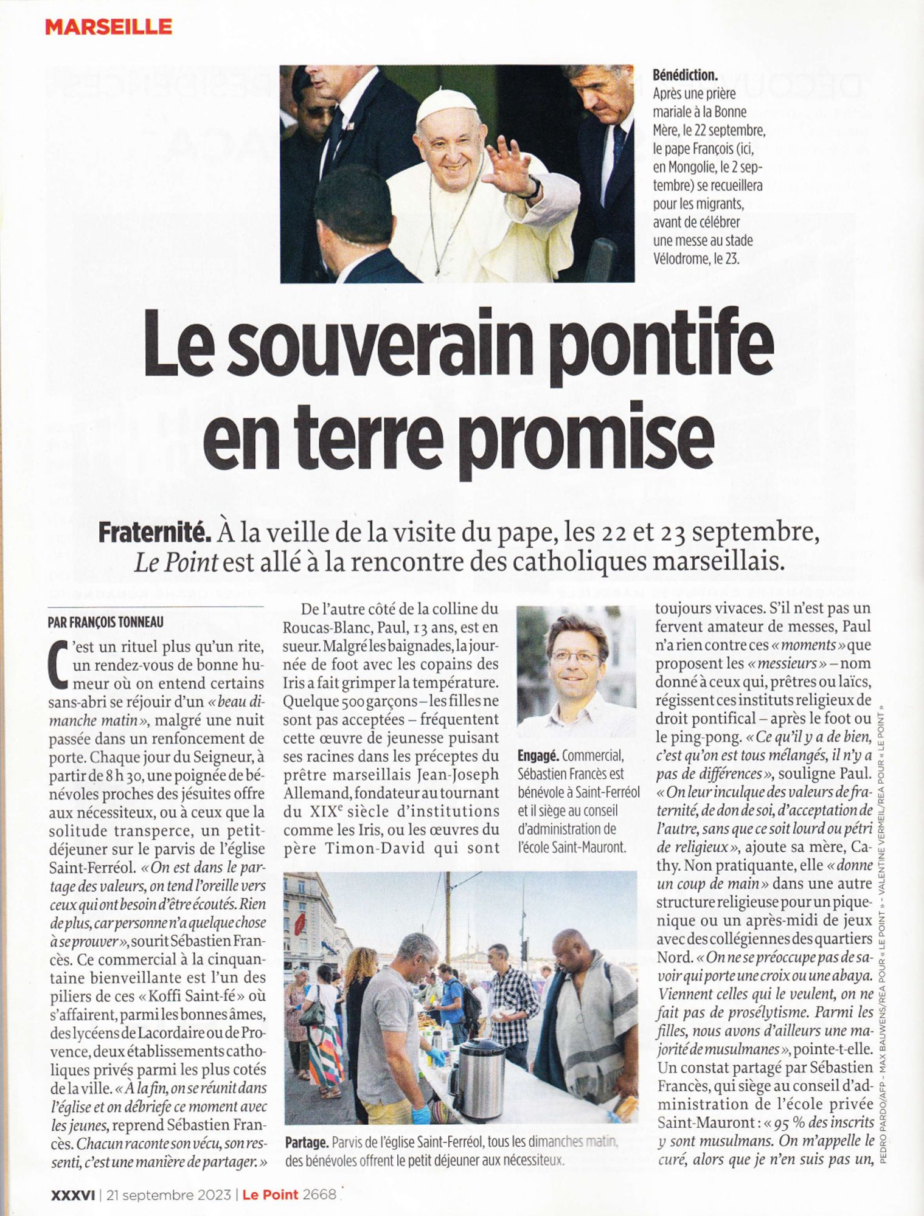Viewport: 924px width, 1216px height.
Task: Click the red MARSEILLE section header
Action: pyautogui.click(x=109, y=27)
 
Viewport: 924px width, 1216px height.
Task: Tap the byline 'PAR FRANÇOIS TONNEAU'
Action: pyautogui.click(x=106, y=622)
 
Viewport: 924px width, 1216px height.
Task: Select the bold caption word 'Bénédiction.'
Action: pyautogui.click(x=685, y=75)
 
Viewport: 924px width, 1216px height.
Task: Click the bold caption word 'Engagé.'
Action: pyautogui.click(x=538, y=756)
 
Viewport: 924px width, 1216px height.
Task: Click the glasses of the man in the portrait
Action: pyautogui.click(x=574, y=657)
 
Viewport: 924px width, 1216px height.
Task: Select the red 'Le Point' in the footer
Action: pyautogui.click(x=270, y=1194)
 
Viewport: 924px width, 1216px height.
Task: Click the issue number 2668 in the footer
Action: pyautogui.click(x=319, y=1194)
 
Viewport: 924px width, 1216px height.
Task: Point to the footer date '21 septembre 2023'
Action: pyautogui.click(x=168, y=1194)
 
